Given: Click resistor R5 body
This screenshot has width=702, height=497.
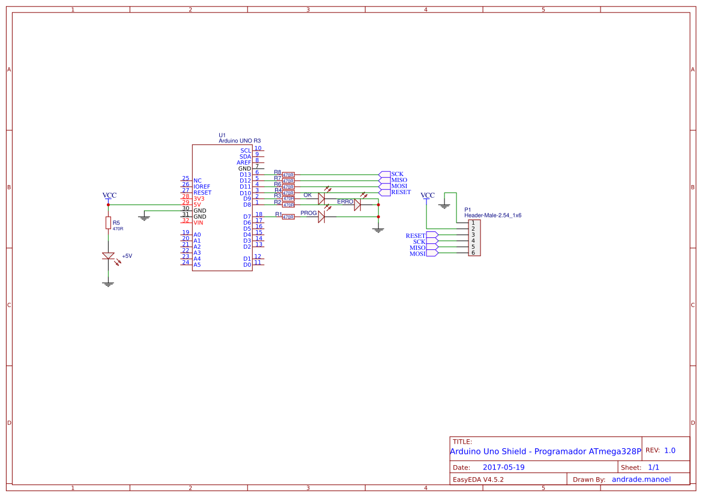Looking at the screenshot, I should [108, 223].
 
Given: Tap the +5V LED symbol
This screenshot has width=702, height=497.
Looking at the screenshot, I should [108, 256].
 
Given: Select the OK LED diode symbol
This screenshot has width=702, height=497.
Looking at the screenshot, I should [321, 198].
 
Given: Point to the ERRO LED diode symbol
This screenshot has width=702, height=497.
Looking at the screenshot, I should [357, 205].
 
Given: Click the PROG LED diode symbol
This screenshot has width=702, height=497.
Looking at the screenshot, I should [321, 216].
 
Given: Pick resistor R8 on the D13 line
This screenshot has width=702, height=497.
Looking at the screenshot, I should [288, 175].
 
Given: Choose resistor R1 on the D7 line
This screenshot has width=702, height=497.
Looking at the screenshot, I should [288, 216].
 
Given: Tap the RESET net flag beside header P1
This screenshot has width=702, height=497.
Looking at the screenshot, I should [432, 236].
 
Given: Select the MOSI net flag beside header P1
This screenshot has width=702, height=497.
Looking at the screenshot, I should [432, 254].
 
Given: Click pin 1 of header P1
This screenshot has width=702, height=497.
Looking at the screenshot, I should [473, 223].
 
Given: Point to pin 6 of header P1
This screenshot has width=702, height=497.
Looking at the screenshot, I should [473, 253].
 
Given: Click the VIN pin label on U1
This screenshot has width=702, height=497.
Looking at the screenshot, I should [198, 222].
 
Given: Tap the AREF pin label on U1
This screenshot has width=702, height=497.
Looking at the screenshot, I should [244, 163].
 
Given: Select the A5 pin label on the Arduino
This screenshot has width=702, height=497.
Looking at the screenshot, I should [198, 264].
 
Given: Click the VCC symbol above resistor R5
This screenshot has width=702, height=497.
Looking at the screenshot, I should [109, 195].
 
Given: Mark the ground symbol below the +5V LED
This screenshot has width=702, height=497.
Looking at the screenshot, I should [108, 284].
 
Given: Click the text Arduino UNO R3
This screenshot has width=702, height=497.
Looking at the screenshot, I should [240, 141].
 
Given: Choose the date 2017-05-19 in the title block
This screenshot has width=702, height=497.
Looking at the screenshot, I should [503, 467].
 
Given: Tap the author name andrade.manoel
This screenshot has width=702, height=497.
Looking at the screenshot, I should [641, 480].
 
